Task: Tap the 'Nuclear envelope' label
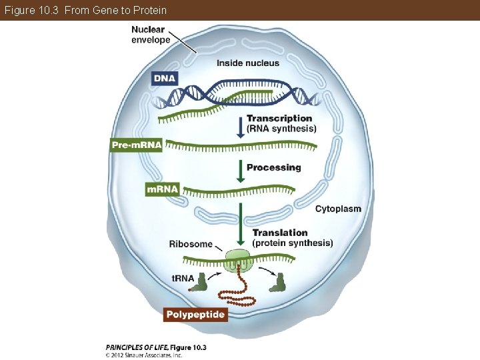coord(151,34)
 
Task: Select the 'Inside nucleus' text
coord(248,63)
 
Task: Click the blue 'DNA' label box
coord(165,79)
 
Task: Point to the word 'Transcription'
coord(279,118)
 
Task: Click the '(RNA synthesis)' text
coord(281,128)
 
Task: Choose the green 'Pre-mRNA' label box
coord(136,145)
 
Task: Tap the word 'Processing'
coord(273,167)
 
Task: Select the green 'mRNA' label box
coord(163,189)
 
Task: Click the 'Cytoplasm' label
coord(338,209)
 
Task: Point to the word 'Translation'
coord(280,233)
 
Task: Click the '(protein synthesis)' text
coord(293,243)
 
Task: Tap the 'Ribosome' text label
coord(191,244)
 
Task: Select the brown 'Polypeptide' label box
coord(195,314)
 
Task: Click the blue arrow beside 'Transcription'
coord(240,127)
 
